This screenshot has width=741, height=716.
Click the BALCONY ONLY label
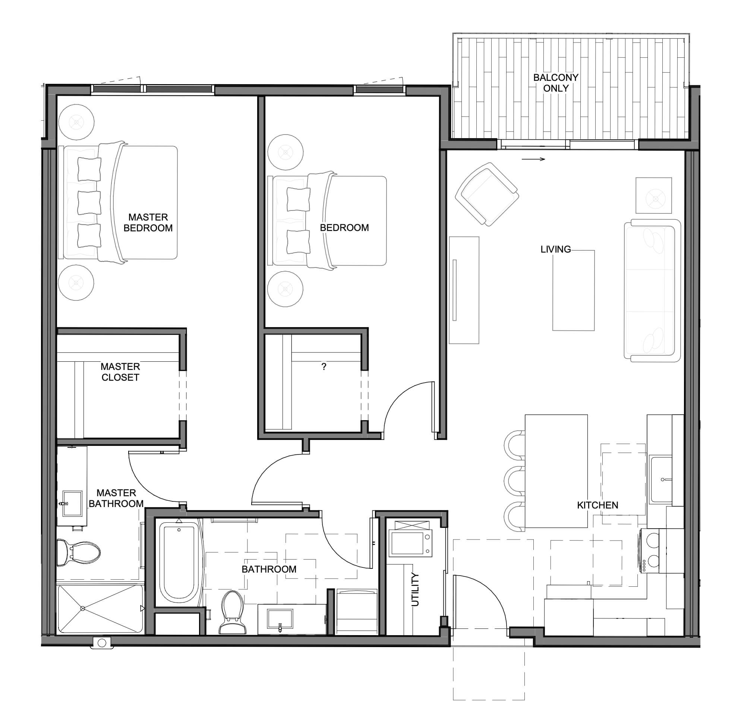point(555,83)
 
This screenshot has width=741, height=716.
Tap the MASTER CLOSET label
point(120,372)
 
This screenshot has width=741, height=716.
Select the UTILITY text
point(415,589)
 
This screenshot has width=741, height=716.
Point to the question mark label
point(324,367)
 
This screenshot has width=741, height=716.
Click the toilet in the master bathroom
point(78,552)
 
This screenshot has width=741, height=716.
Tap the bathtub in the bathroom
point(179,562)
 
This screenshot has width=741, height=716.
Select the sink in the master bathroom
point(72,503)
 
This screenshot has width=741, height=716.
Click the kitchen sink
point(660,479)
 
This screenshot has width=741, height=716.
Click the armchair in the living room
point(487,194)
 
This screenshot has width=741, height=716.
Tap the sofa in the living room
point(652,290)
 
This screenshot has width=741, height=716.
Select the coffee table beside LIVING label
point(574,290)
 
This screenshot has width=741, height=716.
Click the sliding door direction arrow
point(533,159)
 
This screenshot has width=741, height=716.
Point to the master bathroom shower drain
point(82,608)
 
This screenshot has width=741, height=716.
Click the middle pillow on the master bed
point(89,203)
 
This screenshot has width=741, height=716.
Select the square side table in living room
point(654,195)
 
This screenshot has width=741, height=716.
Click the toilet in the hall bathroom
point(233,612)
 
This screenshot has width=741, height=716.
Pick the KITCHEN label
point(597,505)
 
